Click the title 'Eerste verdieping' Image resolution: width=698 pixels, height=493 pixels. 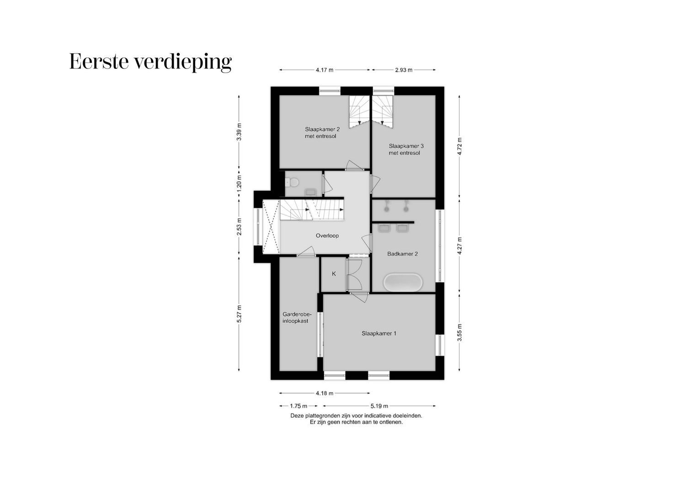tap(150, 62)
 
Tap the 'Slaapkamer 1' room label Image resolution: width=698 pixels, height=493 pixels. tap(378, 333)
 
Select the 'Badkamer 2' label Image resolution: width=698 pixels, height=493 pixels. tap(402, 254)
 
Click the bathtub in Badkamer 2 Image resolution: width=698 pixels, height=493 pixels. tap(403, 283)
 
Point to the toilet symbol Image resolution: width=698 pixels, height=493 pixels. tap(293, 183)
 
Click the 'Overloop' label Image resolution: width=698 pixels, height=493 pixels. tap(327, 236)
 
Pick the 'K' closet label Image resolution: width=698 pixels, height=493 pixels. tap(334, 274)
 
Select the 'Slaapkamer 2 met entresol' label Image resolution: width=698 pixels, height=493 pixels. tap(322, 132)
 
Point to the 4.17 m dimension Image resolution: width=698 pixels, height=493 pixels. tap(324, 70)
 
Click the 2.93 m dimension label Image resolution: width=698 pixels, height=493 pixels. tap(404, 70)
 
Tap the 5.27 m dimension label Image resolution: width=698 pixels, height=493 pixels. tap(239, 314)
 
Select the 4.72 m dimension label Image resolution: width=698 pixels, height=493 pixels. tap(460, 146)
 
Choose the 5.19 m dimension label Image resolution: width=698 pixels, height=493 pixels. tap(379, 406)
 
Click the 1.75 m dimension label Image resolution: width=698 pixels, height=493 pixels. tap(298, 406)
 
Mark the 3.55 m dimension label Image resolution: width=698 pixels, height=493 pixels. tap(460, 332)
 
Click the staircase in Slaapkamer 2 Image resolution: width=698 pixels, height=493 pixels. tap(359, 112)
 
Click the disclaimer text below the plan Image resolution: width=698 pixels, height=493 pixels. tap(356, 419)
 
